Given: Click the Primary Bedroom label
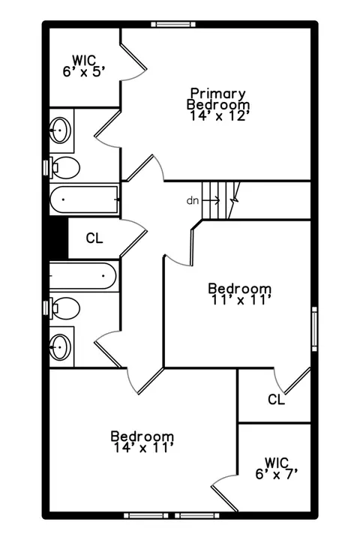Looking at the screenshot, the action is click(x=218, y=99).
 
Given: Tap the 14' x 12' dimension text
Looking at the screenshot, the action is click(x=218, y=116).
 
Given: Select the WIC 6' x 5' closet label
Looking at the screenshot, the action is click(x=84, y=66).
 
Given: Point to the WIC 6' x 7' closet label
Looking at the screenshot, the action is click(x=276, y=468).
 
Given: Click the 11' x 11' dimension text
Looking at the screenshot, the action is click(x=240, y=300).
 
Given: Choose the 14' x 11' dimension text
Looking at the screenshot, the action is click(x=142, y=448).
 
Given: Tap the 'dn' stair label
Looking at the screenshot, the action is click(x=193, y=200).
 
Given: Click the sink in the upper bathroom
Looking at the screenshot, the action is click(x=60, y=130).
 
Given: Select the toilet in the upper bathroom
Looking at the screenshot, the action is click(x=64, y=168).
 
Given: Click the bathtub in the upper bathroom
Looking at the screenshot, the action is click(x=85, y=199).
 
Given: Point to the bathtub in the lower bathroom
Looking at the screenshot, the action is click(x=83, y=276).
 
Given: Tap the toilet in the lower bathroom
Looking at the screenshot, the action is click(x=64, y=308).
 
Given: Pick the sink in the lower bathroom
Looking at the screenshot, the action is click(x=60, y=346).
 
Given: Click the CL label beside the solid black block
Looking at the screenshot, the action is click(x=94, y=238).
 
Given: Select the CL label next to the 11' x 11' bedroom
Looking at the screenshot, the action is click(x=276, y=400).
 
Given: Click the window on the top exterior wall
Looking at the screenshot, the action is click(x=174, y=25).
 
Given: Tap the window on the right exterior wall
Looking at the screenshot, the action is click(x=314, y=329).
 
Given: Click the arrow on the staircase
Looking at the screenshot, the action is click(x=211, y=199).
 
